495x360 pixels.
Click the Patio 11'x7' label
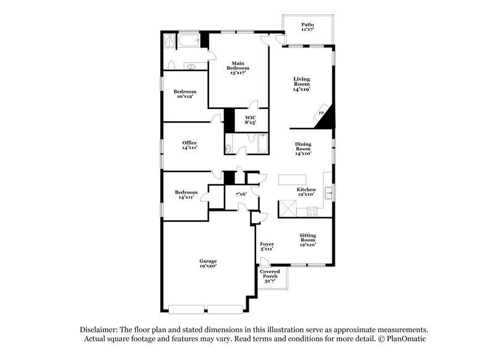(x=308, y=27)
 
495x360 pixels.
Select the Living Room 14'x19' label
(x=301, y=84)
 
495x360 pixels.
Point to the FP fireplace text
(x=321, y=113)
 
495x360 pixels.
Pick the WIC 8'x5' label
(x=250, y=119)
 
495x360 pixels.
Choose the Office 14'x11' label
(x=189, y=145)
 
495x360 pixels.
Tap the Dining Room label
(x=303, y=148)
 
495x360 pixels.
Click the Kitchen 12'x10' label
(x=306, y=192)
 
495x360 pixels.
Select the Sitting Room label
(x=308, y=239)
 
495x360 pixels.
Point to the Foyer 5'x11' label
(x=267, y=247)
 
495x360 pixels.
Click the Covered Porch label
(x=270, y=276)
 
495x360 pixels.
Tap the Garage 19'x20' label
(x=208, y=264)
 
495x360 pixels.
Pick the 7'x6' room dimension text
(x=241, y=194)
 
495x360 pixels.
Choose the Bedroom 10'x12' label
(x=184, y=94)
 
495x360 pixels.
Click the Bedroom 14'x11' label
(x=186, y=194)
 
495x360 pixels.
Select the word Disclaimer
(x=100, y=329)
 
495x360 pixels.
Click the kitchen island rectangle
(x=292, y=179)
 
